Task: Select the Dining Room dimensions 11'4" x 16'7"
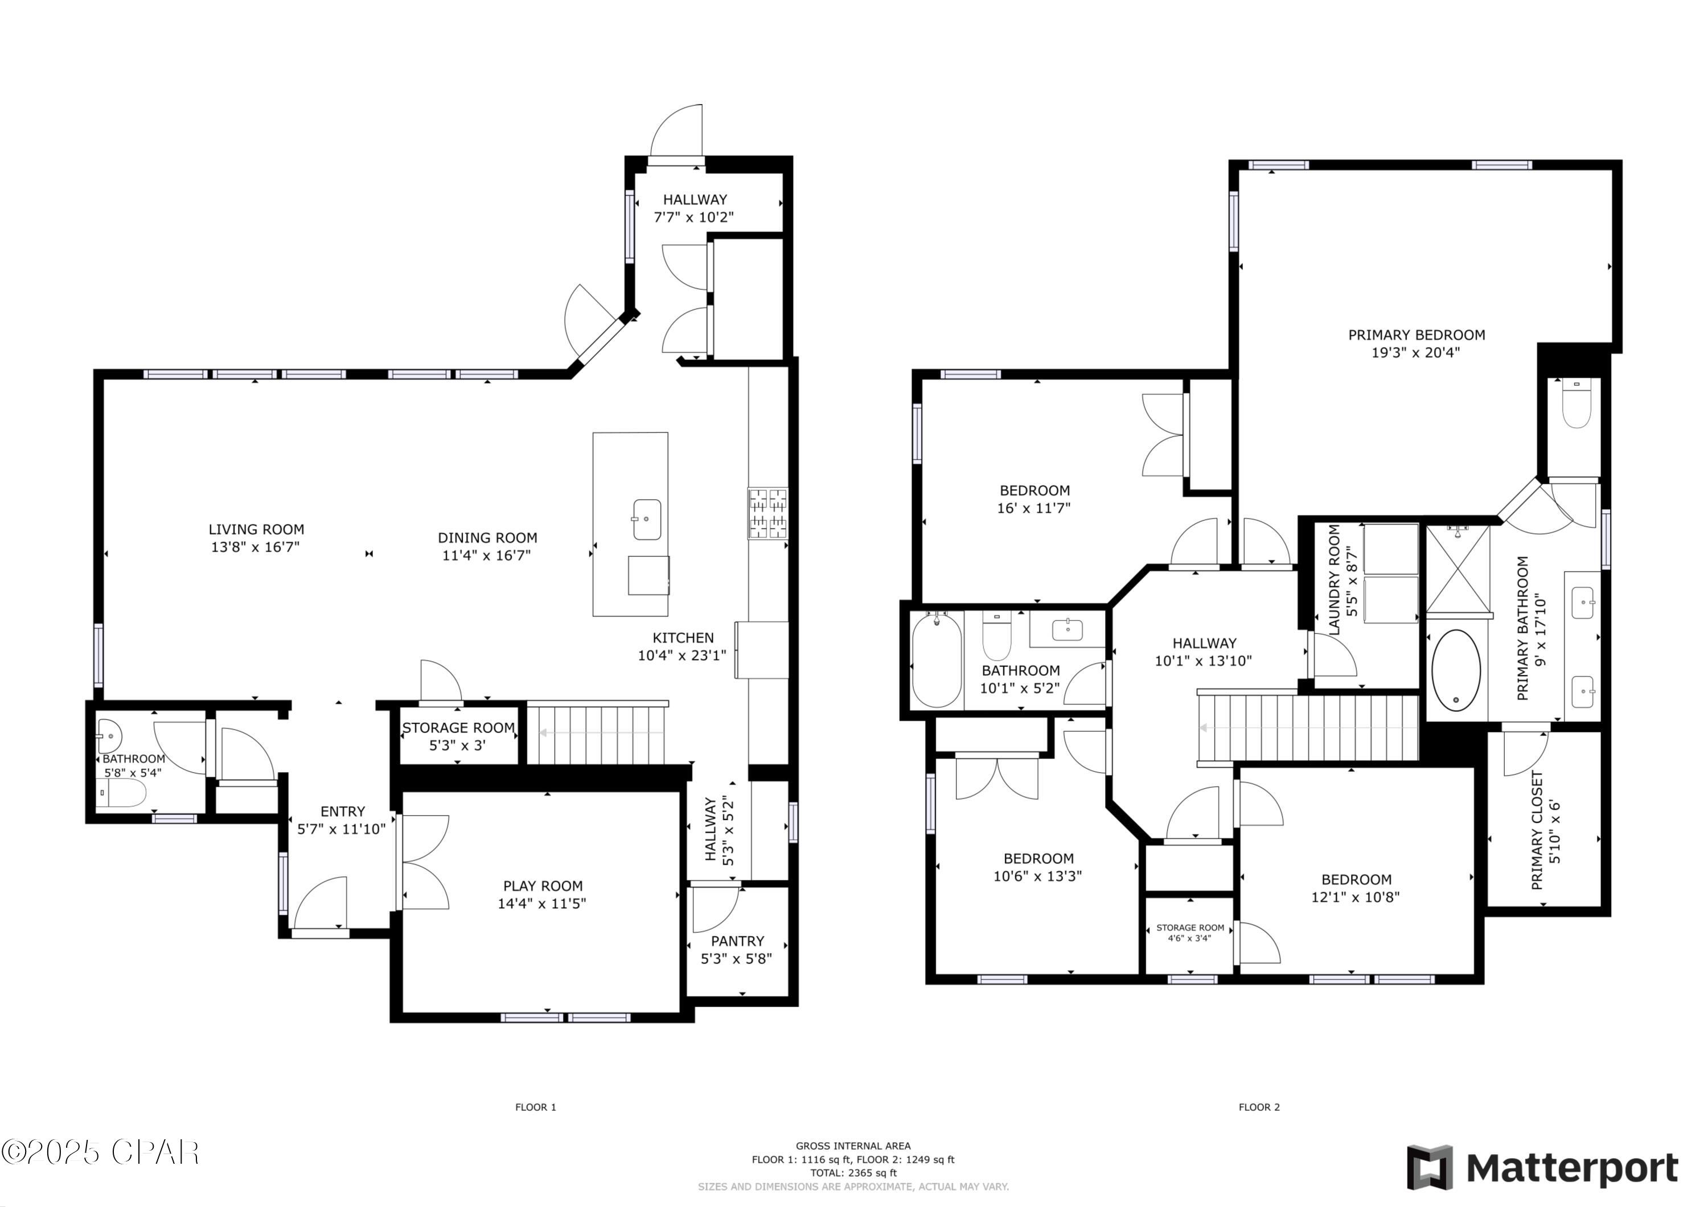point(487,555)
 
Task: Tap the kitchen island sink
point(646,519)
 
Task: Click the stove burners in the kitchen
point(767,513)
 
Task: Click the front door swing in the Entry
point(321,903)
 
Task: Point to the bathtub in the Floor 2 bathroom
point(937,660)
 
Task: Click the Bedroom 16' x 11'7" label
point(1034,499)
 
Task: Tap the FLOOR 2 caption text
point(1259,1107)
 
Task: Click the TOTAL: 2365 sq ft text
point(853,1173)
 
